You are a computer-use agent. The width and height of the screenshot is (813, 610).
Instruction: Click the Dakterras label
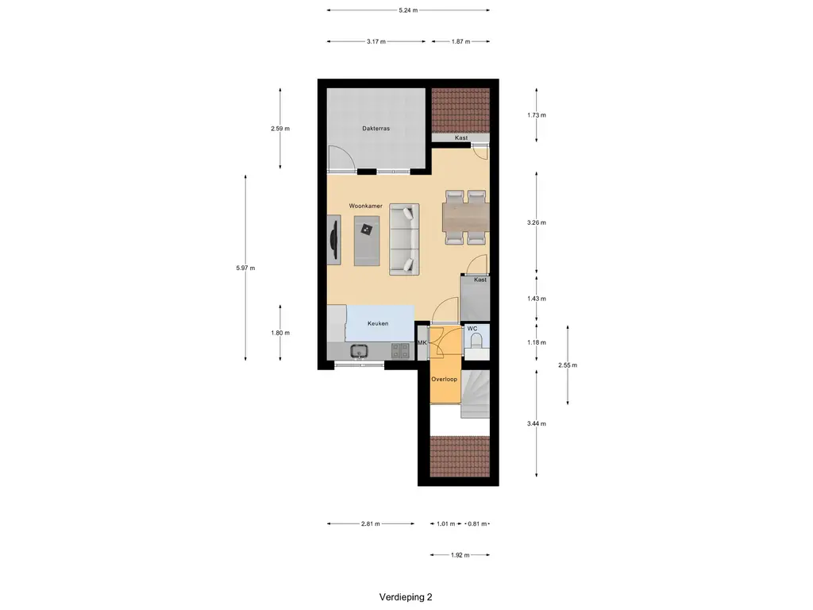click(x=376, y=128)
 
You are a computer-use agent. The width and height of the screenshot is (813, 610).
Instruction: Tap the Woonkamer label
click(x=366, y=206)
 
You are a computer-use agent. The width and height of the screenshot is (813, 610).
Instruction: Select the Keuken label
click(x=377, y=323)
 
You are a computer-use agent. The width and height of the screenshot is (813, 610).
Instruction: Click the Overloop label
click(x=444, y=380)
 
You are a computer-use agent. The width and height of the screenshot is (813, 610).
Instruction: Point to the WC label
click(x=472, y=328)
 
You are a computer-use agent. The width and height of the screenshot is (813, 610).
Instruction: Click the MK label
click(x=422, y=343)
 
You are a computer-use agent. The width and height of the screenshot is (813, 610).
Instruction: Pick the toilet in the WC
click(x=476, y=341)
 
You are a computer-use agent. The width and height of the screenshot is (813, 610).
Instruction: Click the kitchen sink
click(x=359, y=350)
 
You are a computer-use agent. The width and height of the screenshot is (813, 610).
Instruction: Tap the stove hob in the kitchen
click(x=400, y=349)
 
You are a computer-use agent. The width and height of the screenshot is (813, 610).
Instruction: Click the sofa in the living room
click(x=404, y=239)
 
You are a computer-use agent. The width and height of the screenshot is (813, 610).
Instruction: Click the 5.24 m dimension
click(x=408, y=10)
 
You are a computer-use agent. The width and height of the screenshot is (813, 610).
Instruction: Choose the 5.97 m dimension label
click(x=245, y=268)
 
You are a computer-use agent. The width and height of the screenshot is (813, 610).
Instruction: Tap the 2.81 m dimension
click(x=370, y=524)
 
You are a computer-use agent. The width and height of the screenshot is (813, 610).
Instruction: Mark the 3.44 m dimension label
click(x=538, y=423)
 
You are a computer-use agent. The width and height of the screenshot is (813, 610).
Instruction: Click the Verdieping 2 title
click(x=406, y=596)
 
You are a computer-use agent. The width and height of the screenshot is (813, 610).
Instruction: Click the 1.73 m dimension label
click(x=538, y=115)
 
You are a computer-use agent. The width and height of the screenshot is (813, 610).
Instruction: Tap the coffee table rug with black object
click(x=366, y=241)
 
